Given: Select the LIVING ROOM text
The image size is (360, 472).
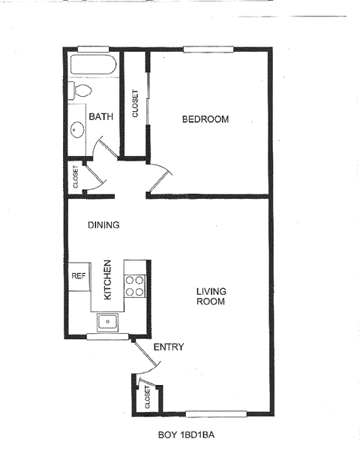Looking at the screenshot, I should (211, 296).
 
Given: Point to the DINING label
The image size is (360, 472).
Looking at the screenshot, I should (103, 224).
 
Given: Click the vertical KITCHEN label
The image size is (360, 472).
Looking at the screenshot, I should (108, 281).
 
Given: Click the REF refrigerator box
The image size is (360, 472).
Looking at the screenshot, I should (79, 275).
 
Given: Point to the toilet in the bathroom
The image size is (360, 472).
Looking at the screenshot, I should (81, 91).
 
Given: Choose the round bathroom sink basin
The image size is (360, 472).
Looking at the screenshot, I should (76, 130).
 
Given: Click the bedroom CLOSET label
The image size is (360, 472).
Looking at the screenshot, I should (136, 104).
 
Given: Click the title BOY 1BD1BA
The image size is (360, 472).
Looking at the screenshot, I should (191, 434).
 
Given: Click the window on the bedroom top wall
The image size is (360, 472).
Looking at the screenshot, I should (209, 50).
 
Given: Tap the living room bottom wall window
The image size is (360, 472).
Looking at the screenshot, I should (216, 413).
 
